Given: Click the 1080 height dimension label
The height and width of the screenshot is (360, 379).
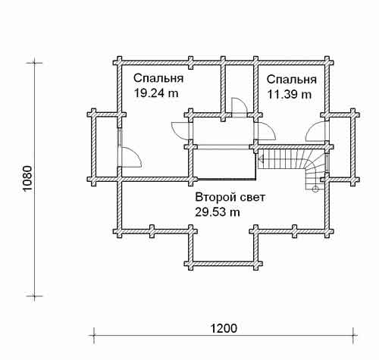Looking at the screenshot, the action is [27, 178].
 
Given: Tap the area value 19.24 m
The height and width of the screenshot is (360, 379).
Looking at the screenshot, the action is [156, 93].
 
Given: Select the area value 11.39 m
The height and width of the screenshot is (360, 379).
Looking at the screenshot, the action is [290, 95].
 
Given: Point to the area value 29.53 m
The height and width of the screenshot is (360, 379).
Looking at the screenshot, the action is [218, 212].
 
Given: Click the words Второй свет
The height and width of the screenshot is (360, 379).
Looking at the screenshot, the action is [230, 197].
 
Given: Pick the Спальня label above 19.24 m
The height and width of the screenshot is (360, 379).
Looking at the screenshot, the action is [158, 78].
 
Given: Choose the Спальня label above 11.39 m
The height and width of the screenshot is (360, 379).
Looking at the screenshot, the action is [292, 80].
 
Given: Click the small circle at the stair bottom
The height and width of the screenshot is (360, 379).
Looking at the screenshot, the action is [315, 189].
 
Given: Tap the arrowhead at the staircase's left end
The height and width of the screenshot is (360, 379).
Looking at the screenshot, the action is [261, 159].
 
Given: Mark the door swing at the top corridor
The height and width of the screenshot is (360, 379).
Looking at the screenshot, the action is [240, 107].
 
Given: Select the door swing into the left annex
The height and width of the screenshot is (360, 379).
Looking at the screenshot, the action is [130, 158].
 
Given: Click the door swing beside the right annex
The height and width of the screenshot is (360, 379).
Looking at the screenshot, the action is [316, 131].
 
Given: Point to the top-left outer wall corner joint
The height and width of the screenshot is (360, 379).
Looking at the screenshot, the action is [117, 62].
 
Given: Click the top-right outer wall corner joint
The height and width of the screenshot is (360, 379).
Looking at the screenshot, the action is [327, 62].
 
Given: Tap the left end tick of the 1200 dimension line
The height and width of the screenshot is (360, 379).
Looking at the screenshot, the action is [94, 336].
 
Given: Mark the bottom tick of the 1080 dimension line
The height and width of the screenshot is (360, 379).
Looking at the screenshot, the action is [34, 296].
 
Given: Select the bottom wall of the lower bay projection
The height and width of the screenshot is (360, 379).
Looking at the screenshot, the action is [224, 264].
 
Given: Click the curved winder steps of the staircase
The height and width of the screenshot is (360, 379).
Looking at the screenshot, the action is [314, 168].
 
